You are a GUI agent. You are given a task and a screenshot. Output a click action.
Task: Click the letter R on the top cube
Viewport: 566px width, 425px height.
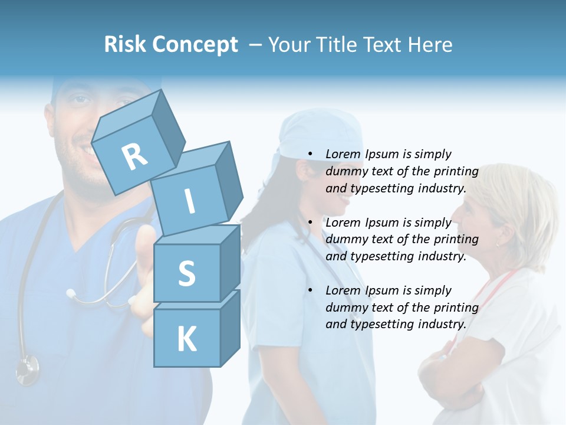[x=134, y=156]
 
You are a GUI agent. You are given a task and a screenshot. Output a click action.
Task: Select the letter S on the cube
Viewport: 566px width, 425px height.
[x=186, y=273]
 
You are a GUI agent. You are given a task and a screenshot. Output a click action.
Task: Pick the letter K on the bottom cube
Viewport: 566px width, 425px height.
[x=186, y=339]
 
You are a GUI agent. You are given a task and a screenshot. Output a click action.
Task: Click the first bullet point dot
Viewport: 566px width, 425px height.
[x=310, y=155]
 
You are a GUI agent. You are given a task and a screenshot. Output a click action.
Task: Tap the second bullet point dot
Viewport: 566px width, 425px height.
[x=310, y=223]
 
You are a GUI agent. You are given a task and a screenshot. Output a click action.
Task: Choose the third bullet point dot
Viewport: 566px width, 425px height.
[x=310, y=290]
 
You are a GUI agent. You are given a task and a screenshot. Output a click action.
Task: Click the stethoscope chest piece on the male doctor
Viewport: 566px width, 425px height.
[x=27, y=370]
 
